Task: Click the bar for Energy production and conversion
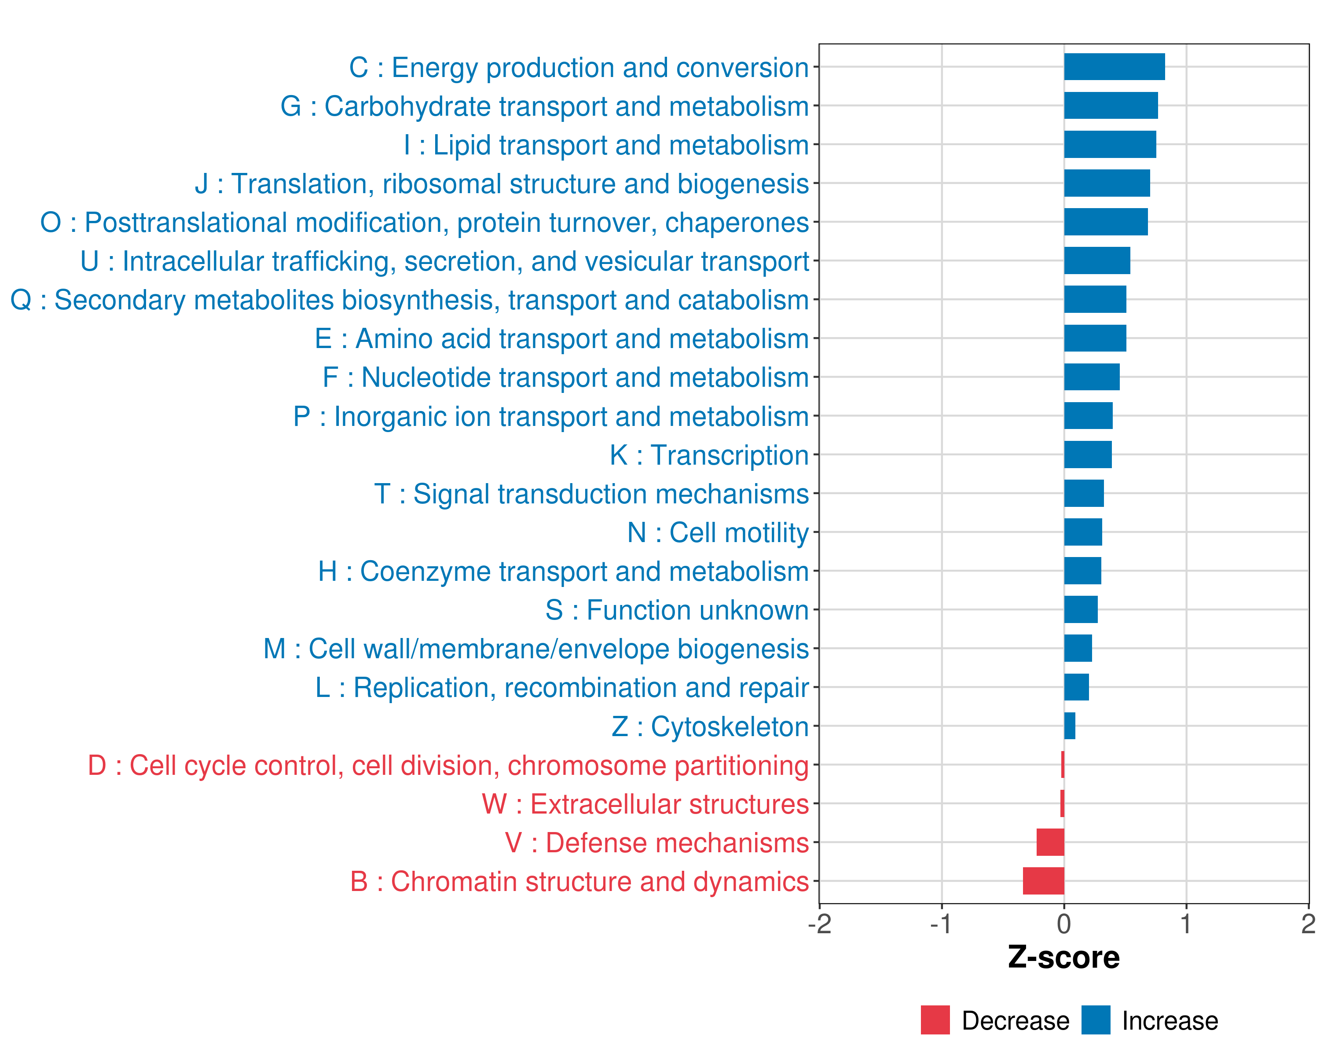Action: pos(1114,67)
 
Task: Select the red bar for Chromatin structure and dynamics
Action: pos(1043,881)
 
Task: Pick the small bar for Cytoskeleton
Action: pos(1070,726)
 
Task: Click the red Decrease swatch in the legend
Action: pos(935,1020)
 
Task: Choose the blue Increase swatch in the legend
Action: pos(1095,1020)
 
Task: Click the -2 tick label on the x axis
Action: pos(819,924)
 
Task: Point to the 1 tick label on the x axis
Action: pos(1186,924)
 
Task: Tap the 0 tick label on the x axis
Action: pos(1064,924)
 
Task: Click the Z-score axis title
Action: pos(1063,957)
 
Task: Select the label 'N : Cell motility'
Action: pos(718,532)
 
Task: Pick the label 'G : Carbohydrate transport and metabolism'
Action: pos(544,106)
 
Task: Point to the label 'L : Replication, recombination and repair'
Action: pos(561,687)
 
